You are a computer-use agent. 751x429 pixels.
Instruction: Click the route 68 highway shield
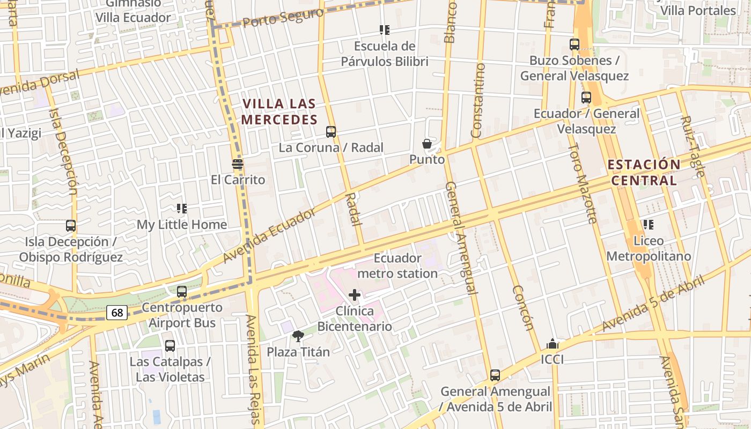click(116, 313)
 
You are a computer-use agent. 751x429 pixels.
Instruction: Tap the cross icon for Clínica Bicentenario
click(355, 295)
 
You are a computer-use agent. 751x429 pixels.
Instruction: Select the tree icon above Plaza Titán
click(298, 336)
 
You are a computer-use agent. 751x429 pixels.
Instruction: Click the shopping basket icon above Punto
click(427, 144)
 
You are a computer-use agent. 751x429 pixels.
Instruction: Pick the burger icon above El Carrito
click(238, 164)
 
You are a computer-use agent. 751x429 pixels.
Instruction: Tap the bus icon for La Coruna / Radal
click(331, 131)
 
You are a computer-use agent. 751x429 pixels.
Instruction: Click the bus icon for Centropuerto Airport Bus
click(182, 292)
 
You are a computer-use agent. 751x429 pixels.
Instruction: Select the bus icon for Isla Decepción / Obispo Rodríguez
click(71, 226)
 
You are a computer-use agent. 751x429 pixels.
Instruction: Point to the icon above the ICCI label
click(552, 344)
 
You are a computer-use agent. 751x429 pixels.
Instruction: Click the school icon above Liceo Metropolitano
click(649, 225)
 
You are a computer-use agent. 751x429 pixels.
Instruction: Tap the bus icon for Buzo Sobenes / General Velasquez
click(575, 45)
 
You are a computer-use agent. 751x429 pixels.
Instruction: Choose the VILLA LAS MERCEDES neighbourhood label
click(279, 112)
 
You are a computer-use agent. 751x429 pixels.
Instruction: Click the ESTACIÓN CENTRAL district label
click(644, 172)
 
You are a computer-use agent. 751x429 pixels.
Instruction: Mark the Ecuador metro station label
click(397, 266)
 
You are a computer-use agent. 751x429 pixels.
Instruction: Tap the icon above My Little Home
click(182, 208)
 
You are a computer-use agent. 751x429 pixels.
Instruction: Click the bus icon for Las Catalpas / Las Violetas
click(170, 346)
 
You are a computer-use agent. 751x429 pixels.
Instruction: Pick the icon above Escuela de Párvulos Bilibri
click(384, 30)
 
